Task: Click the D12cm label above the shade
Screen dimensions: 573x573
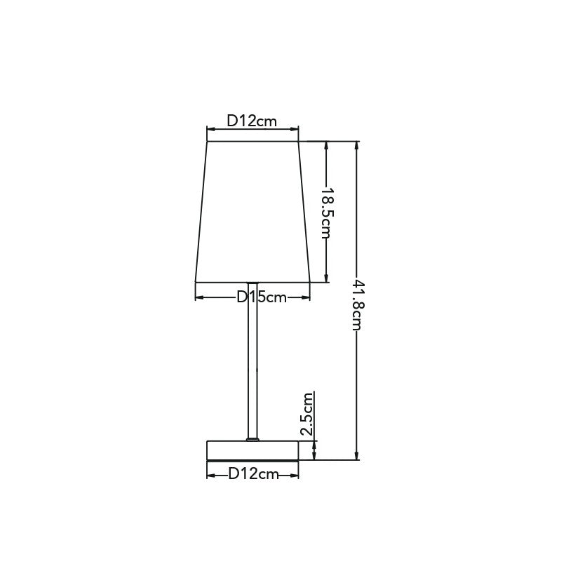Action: (252, 121)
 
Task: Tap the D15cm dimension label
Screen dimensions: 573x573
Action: (262, 297)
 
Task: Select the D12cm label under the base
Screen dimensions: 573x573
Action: (254, 474)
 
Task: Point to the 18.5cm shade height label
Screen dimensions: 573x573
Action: (326, 213)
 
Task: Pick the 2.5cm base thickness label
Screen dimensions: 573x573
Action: (307, 414)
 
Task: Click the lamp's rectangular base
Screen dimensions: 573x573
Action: (252, 450)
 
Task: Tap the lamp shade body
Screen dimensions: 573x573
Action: (252, 212)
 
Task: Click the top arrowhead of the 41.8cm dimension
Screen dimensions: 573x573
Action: (357, 145)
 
